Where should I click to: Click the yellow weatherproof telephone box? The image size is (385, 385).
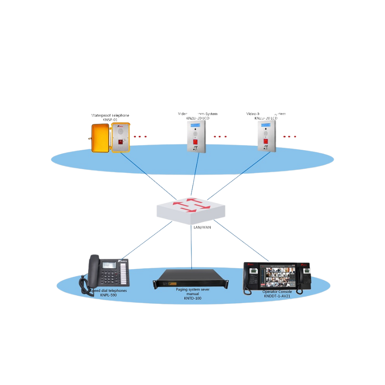click(x=110, y=137)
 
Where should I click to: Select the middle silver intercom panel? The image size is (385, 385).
click(x=196, y=136)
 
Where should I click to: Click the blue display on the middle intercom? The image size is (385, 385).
click(x=196, y=125)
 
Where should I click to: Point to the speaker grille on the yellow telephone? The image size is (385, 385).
click(x=121, y=132)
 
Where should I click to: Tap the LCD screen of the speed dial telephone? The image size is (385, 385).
click(x=110, y=265)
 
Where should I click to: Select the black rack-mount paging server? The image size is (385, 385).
click(x=191, y=278)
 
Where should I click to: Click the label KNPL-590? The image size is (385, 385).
click(x=108, y=295)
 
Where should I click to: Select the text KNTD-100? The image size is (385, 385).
click(x=192, y=298)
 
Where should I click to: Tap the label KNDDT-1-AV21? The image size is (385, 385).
click(x=277, y=296)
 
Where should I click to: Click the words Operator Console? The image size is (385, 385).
click(x=277, y=292)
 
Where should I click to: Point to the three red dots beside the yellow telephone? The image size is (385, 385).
click(x=140, y=137)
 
